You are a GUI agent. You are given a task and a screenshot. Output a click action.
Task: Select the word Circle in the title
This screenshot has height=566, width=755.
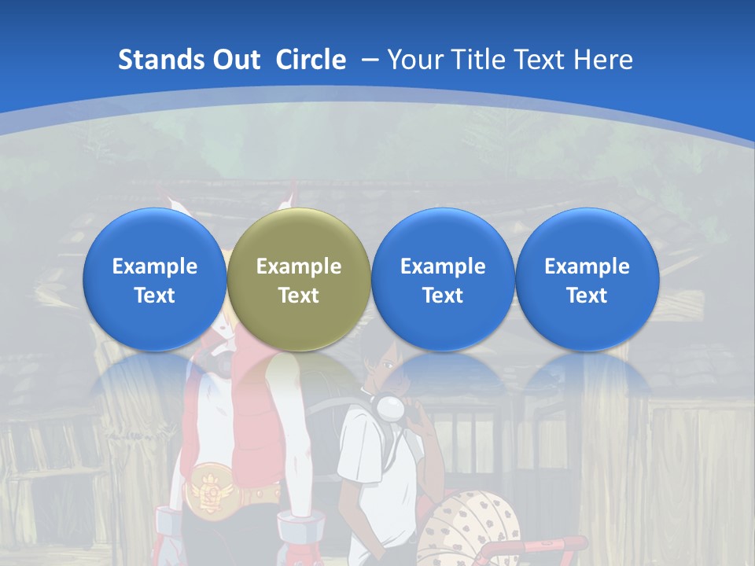click(311, 60)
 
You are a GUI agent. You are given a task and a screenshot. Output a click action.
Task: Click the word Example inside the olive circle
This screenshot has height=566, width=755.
click(299, 266)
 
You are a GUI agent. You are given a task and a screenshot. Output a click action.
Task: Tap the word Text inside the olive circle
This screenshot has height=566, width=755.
click(299, 296)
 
